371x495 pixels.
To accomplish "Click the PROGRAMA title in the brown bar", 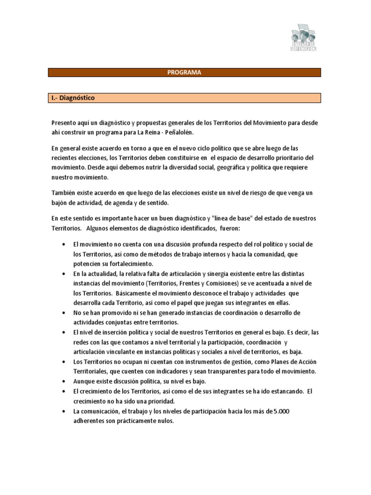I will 184,73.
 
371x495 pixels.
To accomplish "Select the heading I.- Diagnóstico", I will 73,98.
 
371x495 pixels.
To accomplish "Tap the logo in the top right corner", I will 304,38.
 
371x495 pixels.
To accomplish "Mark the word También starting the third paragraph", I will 64,193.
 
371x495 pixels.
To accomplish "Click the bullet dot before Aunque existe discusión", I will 65,381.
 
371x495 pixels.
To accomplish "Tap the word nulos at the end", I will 165,421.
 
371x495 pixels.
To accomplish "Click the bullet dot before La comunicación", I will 65,411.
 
